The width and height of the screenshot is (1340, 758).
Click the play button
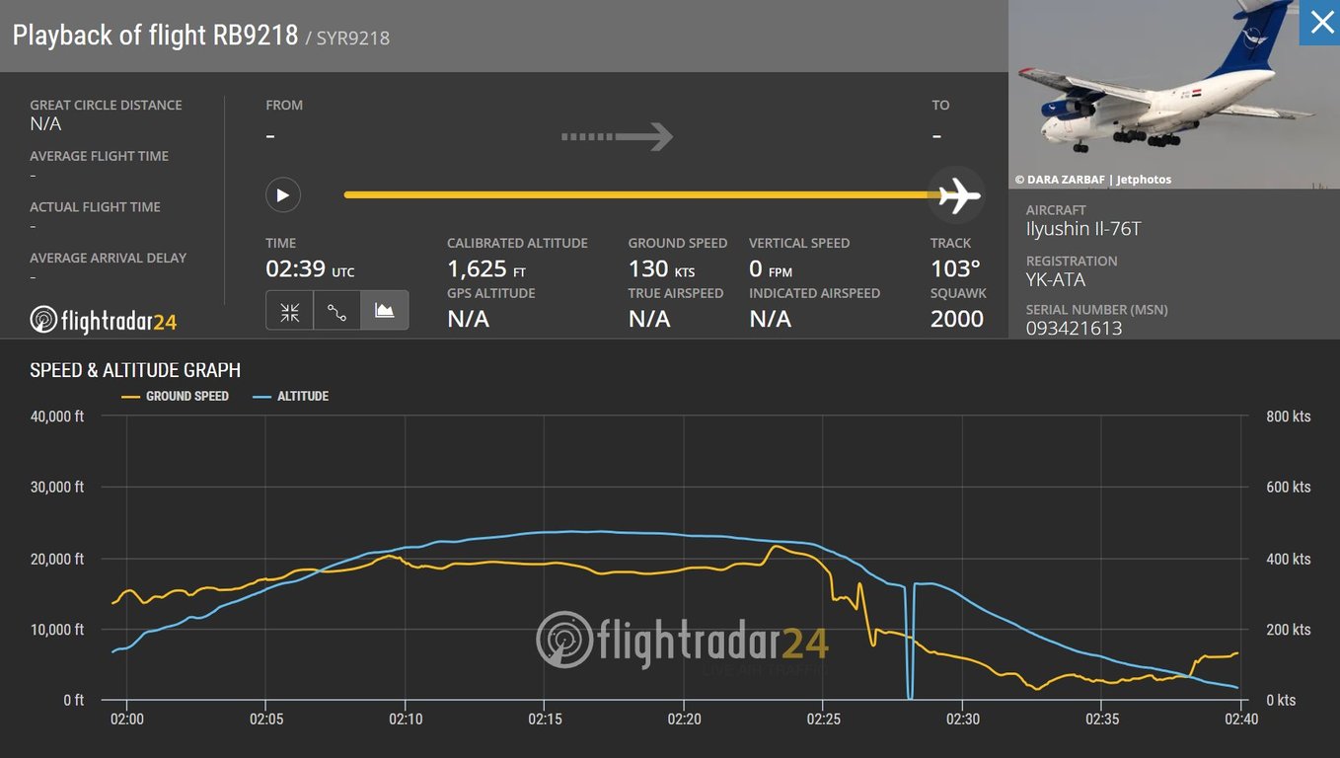282,194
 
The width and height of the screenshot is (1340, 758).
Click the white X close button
1320,23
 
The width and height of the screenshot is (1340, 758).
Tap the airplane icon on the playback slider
957,194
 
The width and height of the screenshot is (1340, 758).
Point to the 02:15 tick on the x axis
545,720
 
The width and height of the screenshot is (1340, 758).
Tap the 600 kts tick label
1288,488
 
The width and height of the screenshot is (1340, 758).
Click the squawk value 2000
956,319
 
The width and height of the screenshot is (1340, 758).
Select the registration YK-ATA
1055,279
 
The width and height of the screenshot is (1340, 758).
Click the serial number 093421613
1074,328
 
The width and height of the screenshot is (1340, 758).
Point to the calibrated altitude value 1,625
478,268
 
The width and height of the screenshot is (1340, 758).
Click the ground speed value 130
648,268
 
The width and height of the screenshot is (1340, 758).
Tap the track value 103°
955,268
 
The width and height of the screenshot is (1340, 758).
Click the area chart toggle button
385,311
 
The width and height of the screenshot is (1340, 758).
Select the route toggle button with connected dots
337,311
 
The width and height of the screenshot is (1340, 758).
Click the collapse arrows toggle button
290,311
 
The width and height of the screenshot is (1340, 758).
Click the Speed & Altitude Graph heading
135,370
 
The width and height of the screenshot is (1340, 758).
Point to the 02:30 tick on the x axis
963,720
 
